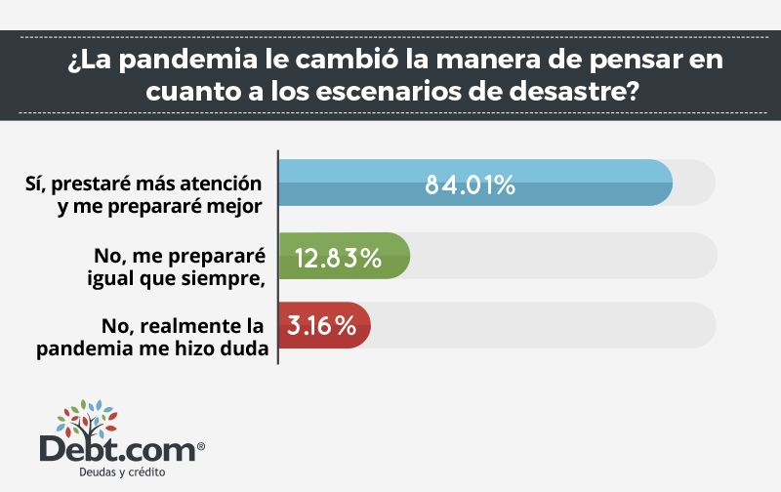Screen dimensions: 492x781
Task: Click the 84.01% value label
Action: click(470, 184)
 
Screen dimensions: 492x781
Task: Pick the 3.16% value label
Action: click(319, 326)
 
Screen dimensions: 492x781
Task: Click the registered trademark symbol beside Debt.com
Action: click(201, 446)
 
